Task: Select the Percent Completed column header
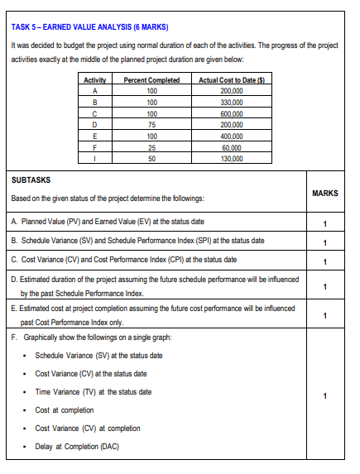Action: [151, 79]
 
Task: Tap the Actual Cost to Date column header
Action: [220, 79]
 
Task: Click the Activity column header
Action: [96, 79]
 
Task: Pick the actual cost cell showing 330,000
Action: [220, 102]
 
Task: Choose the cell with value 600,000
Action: [220, 113]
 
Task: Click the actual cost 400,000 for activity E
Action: [220, 136]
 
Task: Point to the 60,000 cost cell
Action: [220, 146]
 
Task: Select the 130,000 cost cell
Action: [220, 157]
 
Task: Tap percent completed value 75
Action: [151, 124]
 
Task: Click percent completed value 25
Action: [151, 146]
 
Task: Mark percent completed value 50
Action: [151, 157]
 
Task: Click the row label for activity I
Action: [96, 157]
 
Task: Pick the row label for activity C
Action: [96, 113]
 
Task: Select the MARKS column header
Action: [326, 193]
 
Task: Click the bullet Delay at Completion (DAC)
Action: [78, 447]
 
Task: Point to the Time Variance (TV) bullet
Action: [93, 391]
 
